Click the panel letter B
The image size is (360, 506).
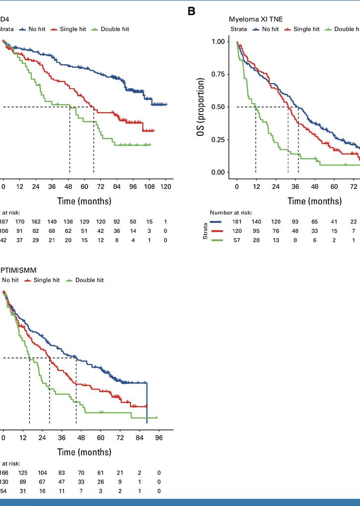[x=192, y=11]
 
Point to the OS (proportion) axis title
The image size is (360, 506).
[x=201, y=107]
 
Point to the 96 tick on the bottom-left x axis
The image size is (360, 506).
[x=159, y=438]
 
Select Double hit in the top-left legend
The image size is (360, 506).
[x=115, y=29]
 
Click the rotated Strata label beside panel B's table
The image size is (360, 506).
[x=204, y=231]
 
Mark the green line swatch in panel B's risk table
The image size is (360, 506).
[x=217, y=240]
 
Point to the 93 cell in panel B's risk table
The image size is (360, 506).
[x=295, y=221]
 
